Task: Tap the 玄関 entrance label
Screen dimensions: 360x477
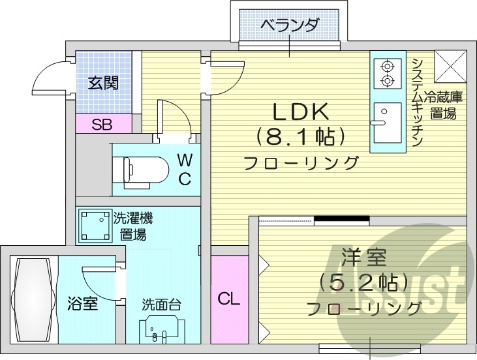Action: tap(104, 83)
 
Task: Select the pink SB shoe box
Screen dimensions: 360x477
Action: tap(101, 124)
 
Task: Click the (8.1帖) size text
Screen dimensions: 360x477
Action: tap(300, 137)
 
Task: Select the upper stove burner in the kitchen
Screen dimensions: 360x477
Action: tap(387, 65)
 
